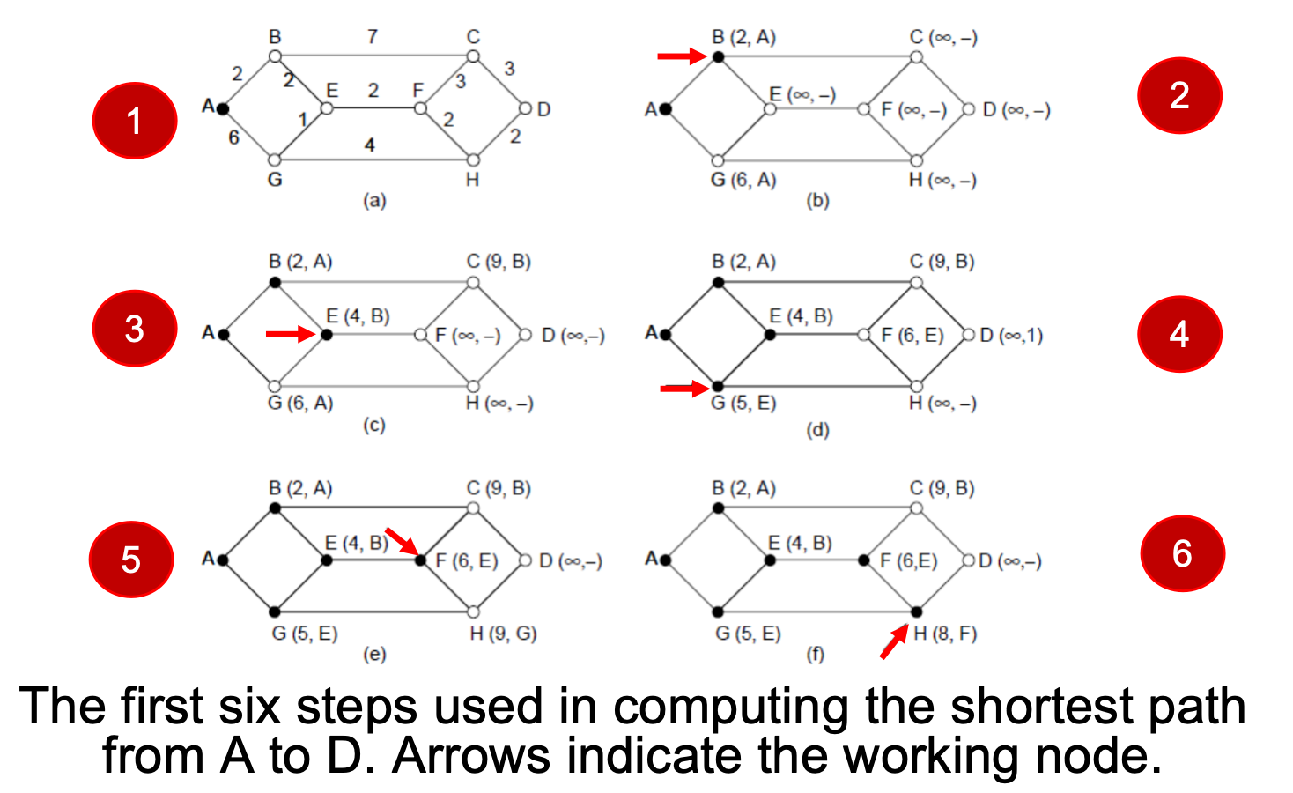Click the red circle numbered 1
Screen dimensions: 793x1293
pyautogui.click(x=134, y=121)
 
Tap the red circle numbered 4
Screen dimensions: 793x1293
pyautogui.click(x=1179, y=334)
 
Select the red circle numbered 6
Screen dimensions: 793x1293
pyautogui.click(x=1182, y=553)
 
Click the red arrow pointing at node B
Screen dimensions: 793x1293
pyautogui.click(x=682, y=56)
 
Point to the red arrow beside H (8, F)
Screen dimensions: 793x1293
pyautogui.click(x=894, y=642)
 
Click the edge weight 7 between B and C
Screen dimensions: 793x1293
pyautogui.click(x=373, y=36)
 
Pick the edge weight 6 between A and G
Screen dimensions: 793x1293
pyautogui.click(x=233, y=137)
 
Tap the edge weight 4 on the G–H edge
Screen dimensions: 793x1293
pyautogui.click(x=369, y=145)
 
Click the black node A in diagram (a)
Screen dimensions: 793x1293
pyautogui.click(x=223, y=108)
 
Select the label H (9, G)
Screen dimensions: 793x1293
pyautogui.click(x=503, y=634)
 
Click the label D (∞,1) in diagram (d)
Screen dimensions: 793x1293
pyautogui.click(x=1011, y=335)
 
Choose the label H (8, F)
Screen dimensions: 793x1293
pyautogui.click(x=945, y=634)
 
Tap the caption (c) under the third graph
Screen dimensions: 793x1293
pyautogui.click(x=374, y=426)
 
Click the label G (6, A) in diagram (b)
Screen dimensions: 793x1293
pyautogui.click(x=743, y=180)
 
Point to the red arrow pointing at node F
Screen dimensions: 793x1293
pyautogui.click(x=401, y=540)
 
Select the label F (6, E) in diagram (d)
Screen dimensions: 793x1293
pyautogui.click(x=912, y=335)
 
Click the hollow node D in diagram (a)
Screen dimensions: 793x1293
pyautogui.click(x=525, y=109)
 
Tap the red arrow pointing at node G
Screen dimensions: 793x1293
pyautogui.click(x=683, y=387)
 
